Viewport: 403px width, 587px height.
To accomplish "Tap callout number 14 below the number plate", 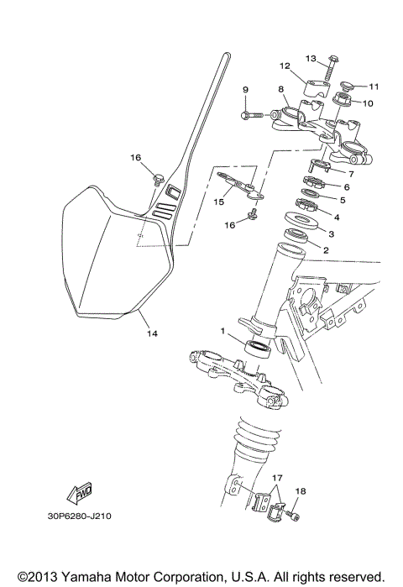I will coord(152,333).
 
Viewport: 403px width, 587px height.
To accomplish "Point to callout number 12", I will coord(285,66).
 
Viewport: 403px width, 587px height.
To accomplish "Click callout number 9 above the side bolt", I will coord(246,90).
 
